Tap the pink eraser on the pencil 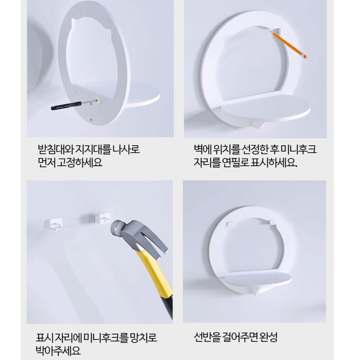305,56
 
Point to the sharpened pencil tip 271,32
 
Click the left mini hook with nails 54,225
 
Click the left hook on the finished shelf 230,224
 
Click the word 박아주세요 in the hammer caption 58,351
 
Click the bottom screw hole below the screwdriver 91,119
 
